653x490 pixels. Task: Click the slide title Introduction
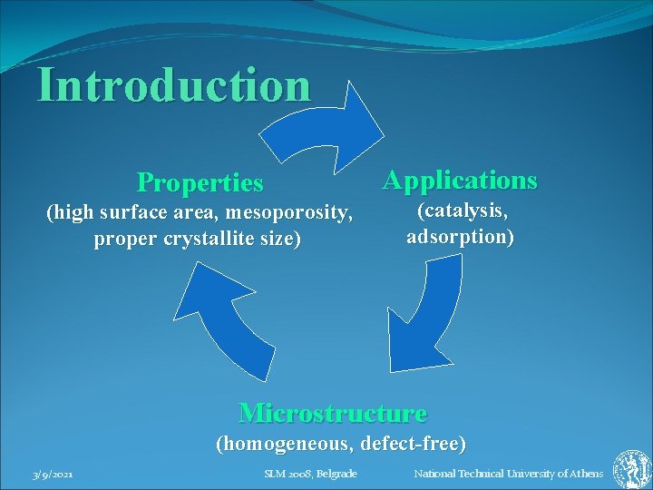pos(173,86)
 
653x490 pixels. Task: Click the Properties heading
pos(200,183)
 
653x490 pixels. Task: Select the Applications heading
pos(460,180)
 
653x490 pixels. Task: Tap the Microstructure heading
pos(332,414)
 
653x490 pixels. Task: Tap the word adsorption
pos(460,238)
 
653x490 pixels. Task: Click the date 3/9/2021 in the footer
pos(53,475)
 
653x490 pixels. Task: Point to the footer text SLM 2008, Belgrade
pos(310,474)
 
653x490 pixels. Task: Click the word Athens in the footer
pos(585,474)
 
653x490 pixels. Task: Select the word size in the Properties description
pos(279,240)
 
